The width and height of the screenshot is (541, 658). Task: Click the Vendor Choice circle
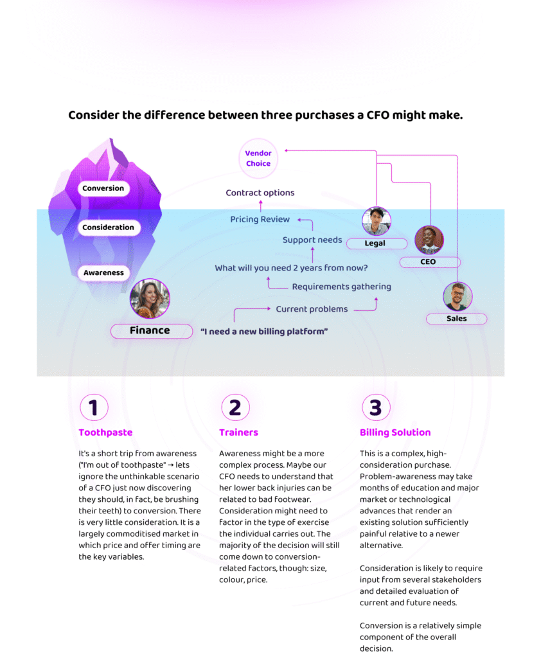pyautogui.click(x=258, y=158)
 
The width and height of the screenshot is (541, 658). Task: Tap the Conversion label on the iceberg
pyautogui.click(x=103, y=188)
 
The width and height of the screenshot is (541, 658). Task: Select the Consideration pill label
pyautogui.click(x=108, y=227)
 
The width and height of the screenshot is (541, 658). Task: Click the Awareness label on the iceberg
pyautogui.click(x=103, y=273)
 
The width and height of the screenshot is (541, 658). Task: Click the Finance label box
pyautogui.click(x=151, y=331)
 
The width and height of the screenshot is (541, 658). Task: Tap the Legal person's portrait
pyautogui.click(x=376, y=222)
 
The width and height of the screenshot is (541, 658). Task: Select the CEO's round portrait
pyautogui.click(x=429, y=240)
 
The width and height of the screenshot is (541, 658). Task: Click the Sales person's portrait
pyautogui.click(x=457, y=297)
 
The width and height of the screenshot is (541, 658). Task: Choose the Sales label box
pyautogui.click(x=457, y=319)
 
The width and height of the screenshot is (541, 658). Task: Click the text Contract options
pyautogui.click(x=260, y=193)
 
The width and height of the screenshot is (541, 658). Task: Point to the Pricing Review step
pyautogui.click(x=260, y=220)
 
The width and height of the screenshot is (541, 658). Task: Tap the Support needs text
pyautogui.click(x=312, y=240)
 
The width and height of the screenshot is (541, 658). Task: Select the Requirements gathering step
pyautogui.click(x=341, y=287)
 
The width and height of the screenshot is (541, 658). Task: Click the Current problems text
pyautogui.click(x=312, y=309)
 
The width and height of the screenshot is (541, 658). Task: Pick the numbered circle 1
pyautogui.click(x=94, y=407)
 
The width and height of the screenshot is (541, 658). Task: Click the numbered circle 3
pyautogui.click(x=376, y=407)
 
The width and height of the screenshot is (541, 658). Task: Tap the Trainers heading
pyautogui.click(x=238, y=432)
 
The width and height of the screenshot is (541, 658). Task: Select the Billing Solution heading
pyautogui.click(x=395, y=432)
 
